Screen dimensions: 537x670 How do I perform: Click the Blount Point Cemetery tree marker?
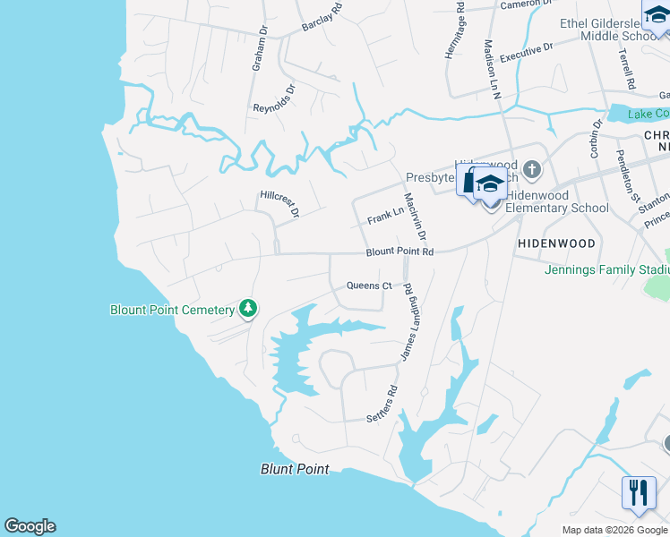click(248, 310)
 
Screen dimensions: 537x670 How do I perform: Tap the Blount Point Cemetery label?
click(172, 310)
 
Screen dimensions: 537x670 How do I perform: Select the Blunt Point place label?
click(295, 469)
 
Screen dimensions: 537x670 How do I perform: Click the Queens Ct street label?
click(369, 286)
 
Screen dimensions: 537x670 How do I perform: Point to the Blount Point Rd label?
click(399, 252)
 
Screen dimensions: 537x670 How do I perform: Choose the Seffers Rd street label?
click(382, 405)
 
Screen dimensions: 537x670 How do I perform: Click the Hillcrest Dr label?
click(279, 203)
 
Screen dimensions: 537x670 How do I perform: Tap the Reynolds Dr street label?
click(274, 99)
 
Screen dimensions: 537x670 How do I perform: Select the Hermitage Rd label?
click(454, 31)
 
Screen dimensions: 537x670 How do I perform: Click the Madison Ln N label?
click(491, 68)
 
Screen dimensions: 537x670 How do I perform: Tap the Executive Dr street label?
click(526, 52)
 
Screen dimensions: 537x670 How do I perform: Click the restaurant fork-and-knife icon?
click(639, 493)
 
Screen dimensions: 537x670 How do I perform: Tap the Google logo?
click(30, 526)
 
